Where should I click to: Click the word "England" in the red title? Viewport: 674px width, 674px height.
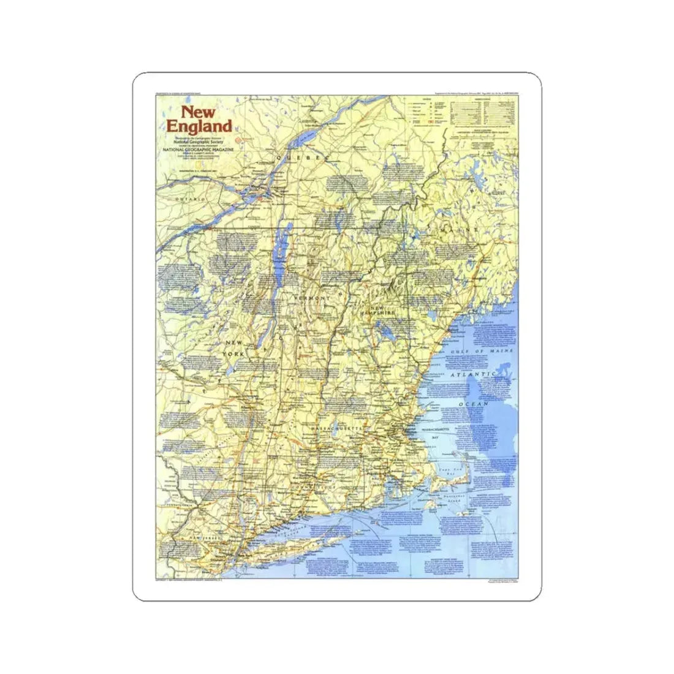point(199,127)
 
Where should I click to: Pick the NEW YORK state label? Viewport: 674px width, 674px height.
point(235,349)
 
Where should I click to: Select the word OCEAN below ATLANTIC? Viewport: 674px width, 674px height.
point(477,404)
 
